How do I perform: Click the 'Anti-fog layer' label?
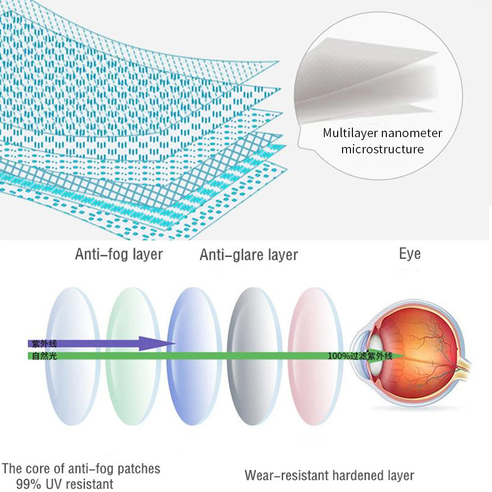coord(118,255)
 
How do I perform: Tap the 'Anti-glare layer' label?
coord(249,255)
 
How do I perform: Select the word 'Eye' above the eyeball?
coord(409,254)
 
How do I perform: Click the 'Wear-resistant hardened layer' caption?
coord(329,475)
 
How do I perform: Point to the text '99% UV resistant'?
coord(64,484)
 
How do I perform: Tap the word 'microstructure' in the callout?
coord(382,149)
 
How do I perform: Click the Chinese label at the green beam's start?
coord(44,355)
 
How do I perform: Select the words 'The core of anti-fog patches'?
coord(82,468)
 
